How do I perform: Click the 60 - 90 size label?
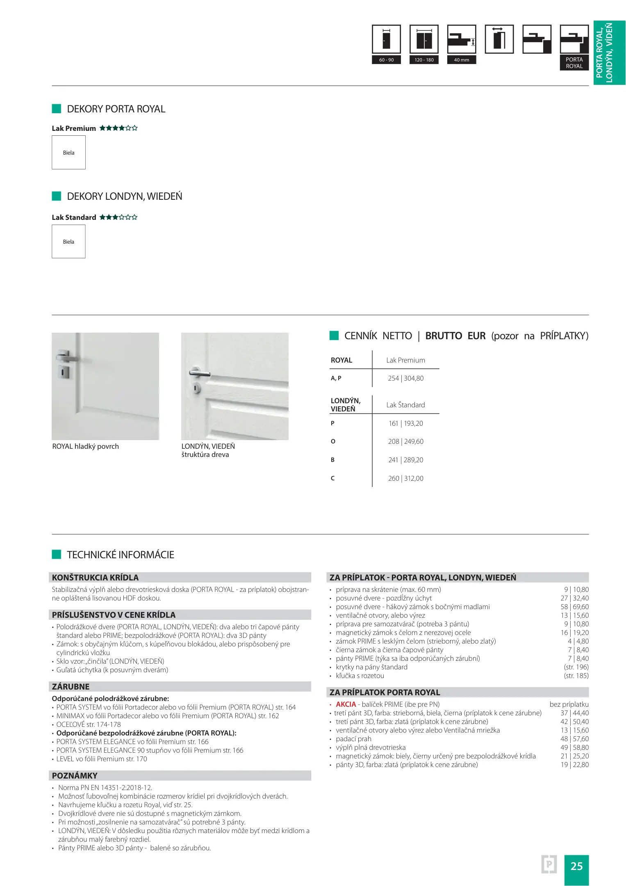click(x=386, y=60)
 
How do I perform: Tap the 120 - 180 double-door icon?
click(x=424, y=39)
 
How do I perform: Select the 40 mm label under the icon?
click(x=461, y=60)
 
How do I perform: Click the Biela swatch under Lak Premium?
click(x=68, y=153)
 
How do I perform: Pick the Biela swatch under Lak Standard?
click(x=68, y=242)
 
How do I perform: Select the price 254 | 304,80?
click(x=405, y=378)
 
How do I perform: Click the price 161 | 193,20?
click(x=405, y=423)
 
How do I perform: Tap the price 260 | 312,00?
click(x=405, y=478)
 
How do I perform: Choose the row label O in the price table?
click(x=333, y=441)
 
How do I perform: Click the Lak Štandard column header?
click(x=405, y=405)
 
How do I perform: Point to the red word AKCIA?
click(x=346, y=704)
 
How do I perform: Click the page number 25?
click(x=576, y=866)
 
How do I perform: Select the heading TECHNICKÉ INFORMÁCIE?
click(x=121, y=555)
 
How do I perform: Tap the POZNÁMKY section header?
click(x=75, y=776)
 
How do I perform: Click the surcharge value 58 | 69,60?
click(x=574, y=607)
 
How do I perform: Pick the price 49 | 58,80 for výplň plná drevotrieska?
click(x=574, y=747)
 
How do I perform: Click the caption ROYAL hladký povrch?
click(x=85, y=446)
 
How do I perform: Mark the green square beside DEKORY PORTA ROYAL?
click(x=57, y=109)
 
